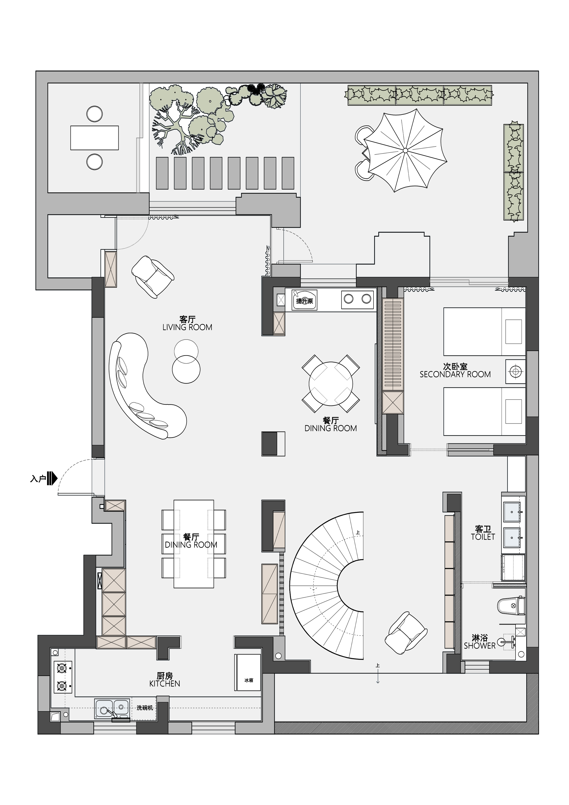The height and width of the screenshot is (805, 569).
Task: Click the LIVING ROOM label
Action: (187, 327)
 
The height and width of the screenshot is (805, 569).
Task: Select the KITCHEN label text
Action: (165, 683)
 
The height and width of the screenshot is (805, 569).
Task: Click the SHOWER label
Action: (480, 646)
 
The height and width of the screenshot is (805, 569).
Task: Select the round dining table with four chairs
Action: (331, 383)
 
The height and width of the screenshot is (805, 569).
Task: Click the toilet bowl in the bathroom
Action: (511, 606)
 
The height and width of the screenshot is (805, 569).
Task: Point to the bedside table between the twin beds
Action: (515, 371)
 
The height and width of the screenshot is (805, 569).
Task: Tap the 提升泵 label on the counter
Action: (304, 301)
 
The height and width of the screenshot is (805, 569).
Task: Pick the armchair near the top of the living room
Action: (153, 277)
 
